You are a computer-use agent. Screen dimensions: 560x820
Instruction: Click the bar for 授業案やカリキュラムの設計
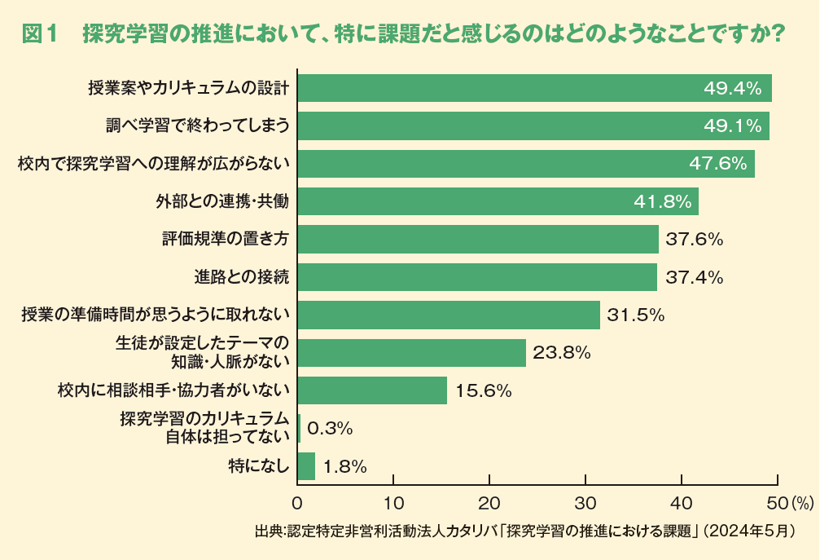534,88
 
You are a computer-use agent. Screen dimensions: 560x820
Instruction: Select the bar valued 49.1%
533,126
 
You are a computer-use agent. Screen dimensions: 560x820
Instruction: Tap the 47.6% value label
717,164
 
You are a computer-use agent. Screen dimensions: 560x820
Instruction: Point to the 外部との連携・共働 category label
222,201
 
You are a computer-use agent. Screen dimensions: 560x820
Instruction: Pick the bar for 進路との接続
477,277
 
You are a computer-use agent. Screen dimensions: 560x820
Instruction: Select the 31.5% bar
449,315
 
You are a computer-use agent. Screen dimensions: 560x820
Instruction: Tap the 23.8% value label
561,353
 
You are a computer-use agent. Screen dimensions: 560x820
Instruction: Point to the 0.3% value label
330,428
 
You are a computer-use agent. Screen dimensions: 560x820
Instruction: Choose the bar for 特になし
306,466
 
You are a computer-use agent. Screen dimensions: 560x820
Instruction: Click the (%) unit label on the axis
802,500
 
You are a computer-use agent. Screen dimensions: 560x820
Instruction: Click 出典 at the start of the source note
266,531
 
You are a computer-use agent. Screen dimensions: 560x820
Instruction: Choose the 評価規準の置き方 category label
226,240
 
